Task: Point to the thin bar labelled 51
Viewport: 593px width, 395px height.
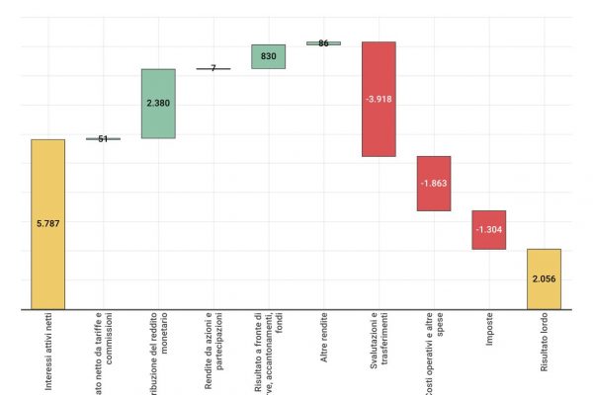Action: (x=103, y=139)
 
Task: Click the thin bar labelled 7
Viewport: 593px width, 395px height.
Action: (x=213, y=69)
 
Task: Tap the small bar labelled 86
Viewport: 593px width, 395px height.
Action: (x=323, y=43)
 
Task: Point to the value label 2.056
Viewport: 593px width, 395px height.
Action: (x=544, y=279)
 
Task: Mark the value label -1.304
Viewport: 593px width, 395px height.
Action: (x=489, y=230)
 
